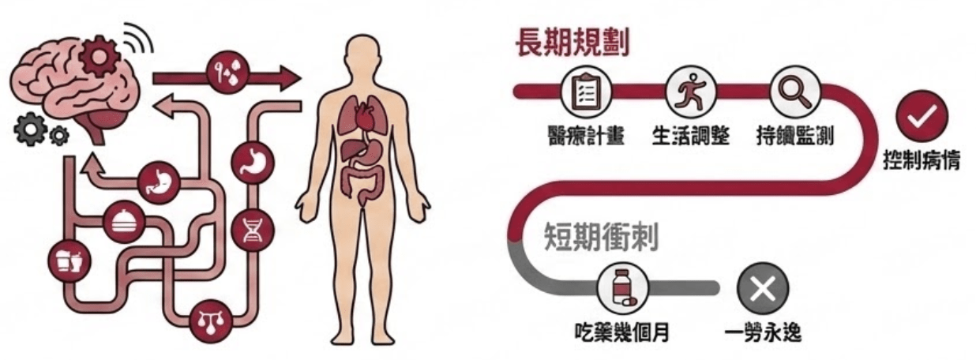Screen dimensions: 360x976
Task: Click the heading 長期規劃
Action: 572,43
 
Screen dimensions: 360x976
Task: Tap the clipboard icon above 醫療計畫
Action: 585,92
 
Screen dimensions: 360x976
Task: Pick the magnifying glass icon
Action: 793,92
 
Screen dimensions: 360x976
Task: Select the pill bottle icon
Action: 622,288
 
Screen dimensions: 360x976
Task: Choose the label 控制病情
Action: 921,164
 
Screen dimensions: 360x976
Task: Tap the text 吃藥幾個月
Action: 623,332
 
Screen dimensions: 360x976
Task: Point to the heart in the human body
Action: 362,120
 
